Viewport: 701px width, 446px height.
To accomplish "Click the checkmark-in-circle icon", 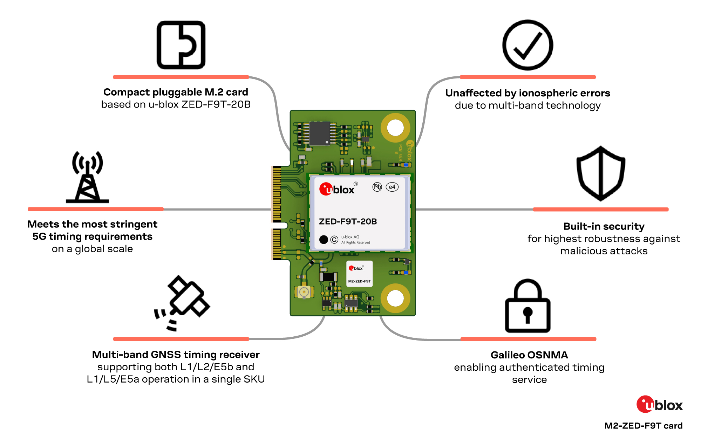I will click(528, 45).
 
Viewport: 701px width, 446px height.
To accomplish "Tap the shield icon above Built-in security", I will click(601, 174).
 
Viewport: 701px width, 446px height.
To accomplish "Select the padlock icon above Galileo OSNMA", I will click(528, 307).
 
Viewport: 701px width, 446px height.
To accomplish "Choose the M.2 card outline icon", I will click(181, 45).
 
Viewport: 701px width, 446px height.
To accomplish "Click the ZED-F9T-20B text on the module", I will click(348, 221).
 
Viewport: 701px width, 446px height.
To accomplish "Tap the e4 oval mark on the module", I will click(392, 187).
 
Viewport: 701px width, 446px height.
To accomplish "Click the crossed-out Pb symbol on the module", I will click(377, 187).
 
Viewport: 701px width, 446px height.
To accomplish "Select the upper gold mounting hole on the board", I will click(395, 128).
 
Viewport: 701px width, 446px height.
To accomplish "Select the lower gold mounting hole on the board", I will click(395, 299).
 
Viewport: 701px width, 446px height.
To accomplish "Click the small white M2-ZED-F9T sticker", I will click(359, 274).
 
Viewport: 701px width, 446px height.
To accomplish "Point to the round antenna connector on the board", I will click(304, 291).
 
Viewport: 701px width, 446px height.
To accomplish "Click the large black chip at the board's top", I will click(320, 133).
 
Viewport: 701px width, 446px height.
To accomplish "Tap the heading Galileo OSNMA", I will click(529, 355).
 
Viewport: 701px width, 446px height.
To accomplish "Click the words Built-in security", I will click(604, 226).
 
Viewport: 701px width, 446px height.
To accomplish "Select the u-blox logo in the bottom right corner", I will click(659, 405).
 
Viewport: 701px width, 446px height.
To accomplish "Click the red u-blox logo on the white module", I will click(337, 189).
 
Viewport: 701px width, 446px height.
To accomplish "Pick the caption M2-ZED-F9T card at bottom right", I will click(643, 426).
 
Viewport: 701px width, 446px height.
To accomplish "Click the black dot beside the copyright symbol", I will click(324, 240).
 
